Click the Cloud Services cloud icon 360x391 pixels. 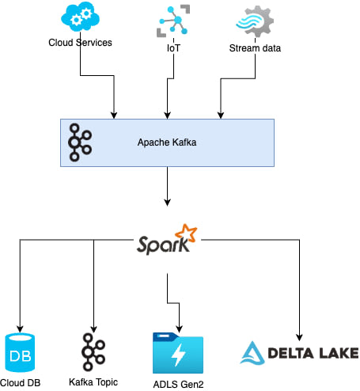[80, 17]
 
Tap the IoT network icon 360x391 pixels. [173, 21]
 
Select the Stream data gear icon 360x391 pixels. [255, 21]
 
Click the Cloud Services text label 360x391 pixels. [80, 43]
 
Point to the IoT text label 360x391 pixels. [173, 48]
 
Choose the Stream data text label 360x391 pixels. [255, 48]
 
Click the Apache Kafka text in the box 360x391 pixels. [167, 142]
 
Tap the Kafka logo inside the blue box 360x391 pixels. [80, 142]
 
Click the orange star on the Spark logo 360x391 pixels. [186, 233]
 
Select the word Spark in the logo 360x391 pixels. [163, 245]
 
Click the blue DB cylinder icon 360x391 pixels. [20, 353]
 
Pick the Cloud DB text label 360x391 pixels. [21, 383]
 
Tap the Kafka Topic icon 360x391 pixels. [93, 352]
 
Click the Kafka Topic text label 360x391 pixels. [93, 382]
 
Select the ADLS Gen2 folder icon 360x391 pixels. [178, 353]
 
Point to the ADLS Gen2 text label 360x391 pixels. [178, 385]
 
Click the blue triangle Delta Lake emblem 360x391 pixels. [252, 353]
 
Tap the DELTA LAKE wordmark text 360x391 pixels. [313, 353]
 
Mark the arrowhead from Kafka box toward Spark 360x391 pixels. [167, 203]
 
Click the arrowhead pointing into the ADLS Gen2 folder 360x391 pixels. [180, 329]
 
